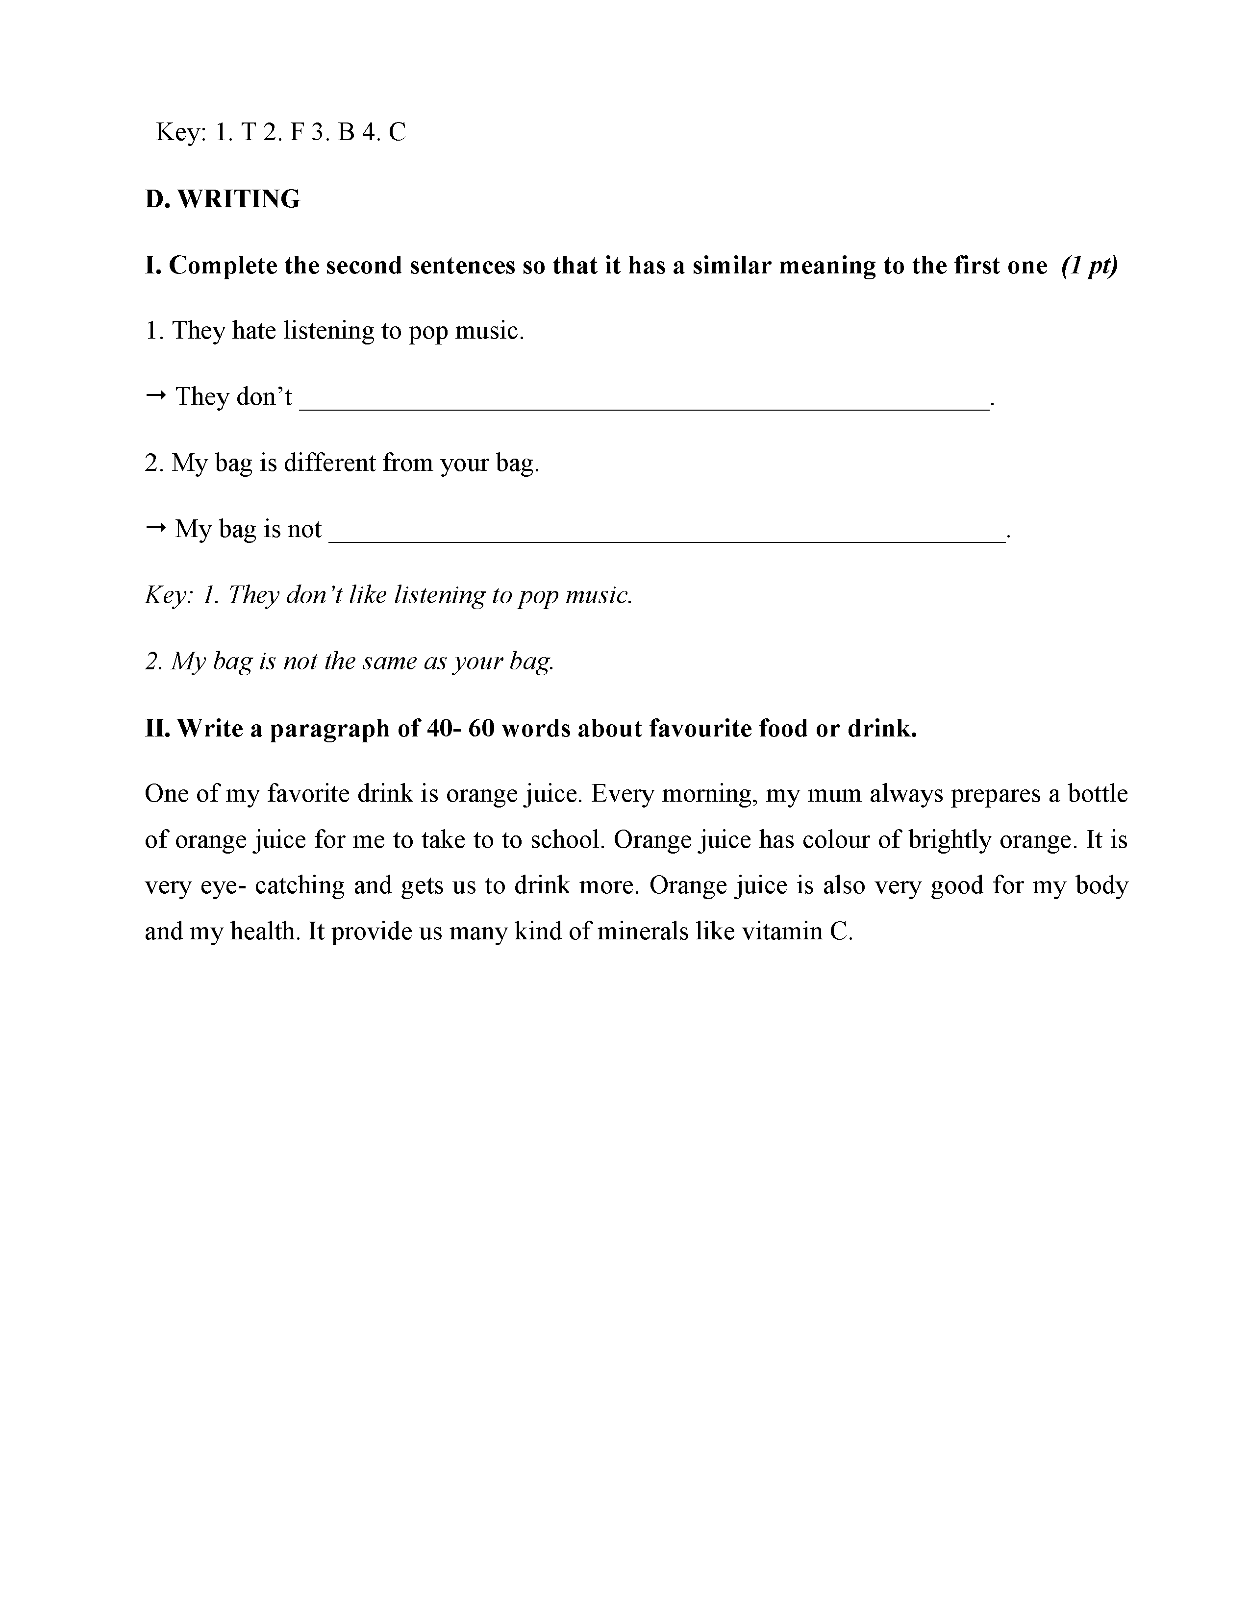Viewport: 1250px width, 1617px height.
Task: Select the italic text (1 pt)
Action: [1089, 265]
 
